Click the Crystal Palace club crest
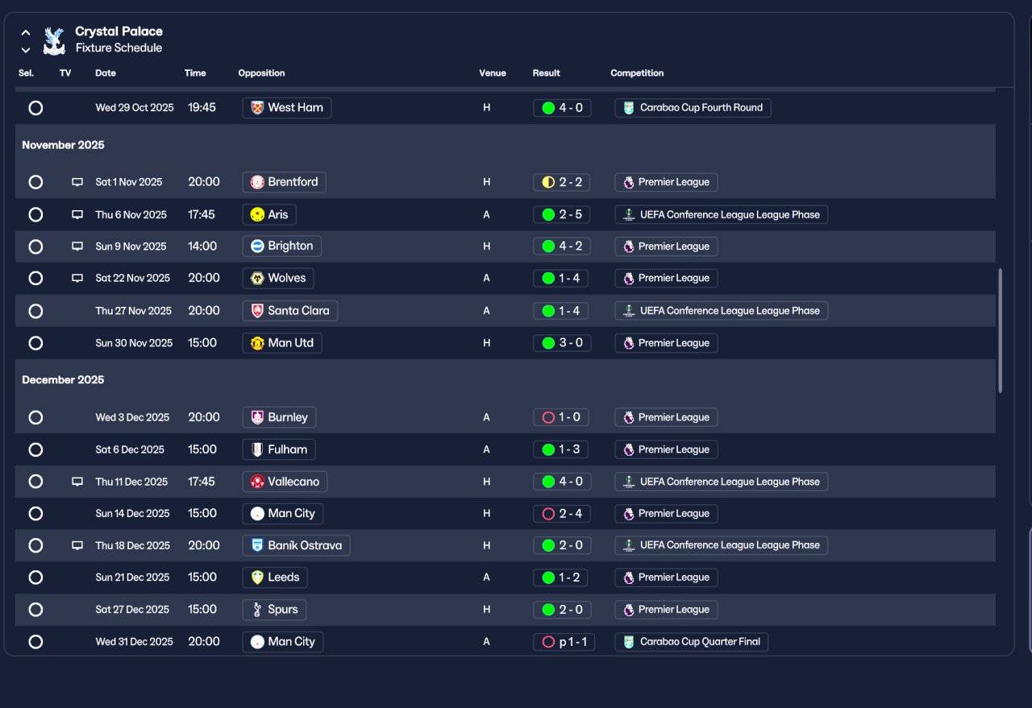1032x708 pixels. (54, 40)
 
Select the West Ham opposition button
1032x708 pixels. (286, 108)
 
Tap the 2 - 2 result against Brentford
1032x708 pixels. (562, 182)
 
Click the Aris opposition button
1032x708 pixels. (269, 214)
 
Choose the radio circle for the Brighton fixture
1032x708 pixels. (35, 246)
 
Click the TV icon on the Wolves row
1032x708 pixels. (77, 278)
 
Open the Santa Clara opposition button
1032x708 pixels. (289, 311)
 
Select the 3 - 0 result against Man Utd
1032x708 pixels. (562, 343)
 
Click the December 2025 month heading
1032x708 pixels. (63, 379)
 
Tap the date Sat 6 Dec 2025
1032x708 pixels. (130, 449)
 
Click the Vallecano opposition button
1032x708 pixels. (285, 482)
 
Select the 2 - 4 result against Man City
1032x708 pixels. (562, 514)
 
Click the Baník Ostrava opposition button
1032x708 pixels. (296, 545)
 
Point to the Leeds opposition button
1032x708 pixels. (275, 578)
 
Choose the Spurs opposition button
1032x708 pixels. (274, 610)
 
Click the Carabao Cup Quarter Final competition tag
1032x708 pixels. (692, 642)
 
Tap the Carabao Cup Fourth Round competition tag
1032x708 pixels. (693, 108)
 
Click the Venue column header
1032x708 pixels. (493, 73)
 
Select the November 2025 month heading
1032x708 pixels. (63, 145)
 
